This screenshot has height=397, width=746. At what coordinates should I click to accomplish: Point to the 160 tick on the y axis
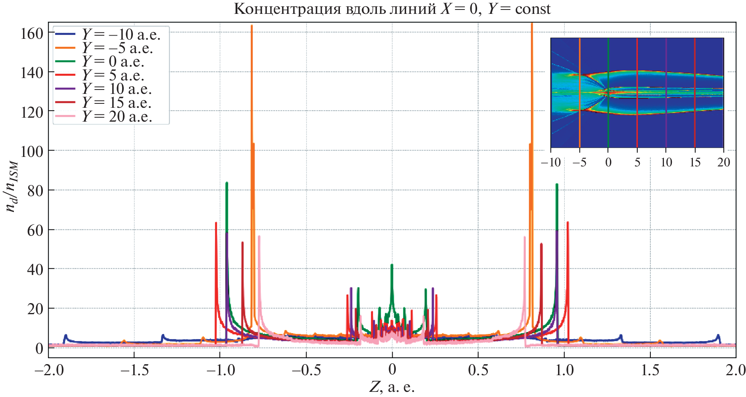[32, 34]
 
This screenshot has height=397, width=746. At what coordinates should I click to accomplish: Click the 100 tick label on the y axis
[32, 151]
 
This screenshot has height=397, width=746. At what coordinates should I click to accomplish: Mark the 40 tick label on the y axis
[35, 269]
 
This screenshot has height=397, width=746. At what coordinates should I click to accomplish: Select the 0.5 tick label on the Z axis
[478, 370]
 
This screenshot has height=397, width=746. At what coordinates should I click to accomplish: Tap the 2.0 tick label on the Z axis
[735, 370]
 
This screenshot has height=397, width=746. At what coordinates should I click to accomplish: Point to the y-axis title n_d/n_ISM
[12, 186]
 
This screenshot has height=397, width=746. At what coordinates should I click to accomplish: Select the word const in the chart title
[533, 9]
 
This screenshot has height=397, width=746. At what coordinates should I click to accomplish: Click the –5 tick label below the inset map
[579, 162]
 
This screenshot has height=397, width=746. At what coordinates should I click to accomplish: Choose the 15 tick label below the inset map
[695, 162]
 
